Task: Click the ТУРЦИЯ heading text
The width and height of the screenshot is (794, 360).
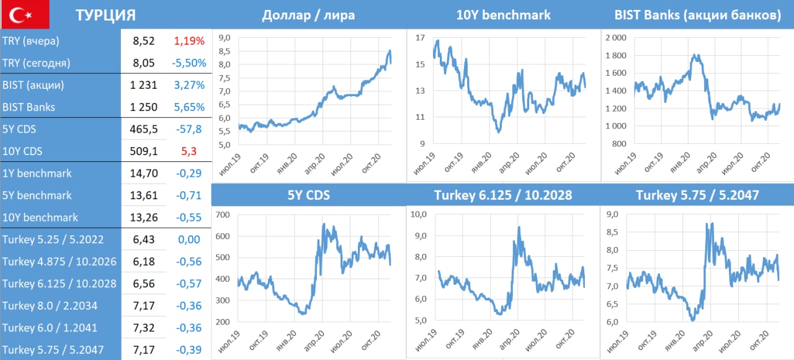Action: click(x=105, y=16)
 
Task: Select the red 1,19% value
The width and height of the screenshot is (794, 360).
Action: click(x=189, y=41)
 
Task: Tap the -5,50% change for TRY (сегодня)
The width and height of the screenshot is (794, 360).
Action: click(x=188, y=63)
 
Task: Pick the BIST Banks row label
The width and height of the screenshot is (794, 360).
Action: click(x=29, y=107)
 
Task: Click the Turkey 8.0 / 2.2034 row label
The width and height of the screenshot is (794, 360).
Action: click(x=50, y=305)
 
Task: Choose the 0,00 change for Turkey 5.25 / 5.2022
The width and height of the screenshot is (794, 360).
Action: click(x=189, y=239)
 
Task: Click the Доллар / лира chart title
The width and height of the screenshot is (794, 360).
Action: click(x=309, y=15)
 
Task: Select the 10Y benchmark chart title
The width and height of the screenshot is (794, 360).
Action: click(x=503, y=15)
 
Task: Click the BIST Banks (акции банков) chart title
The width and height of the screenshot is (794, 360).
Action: click(x=697, y=15)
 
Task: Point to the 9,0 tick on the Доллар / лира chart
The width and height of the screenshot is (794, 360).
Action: click(x=225, y=38)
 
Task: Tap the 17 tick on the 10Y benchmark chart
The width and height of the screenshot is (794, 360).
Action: click(x=420, y=38)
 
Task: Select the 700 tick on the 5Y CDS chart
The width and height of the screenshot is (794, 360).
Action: click(x=223, y=215)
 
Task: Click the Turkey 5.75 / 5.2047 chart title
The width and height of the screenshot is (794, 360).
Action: click(x=697, y=196)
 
